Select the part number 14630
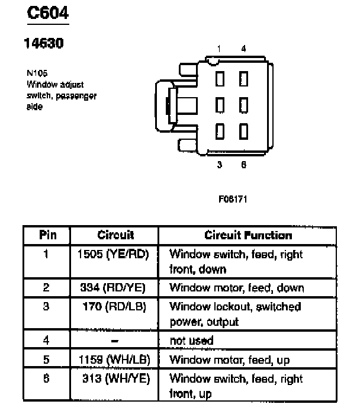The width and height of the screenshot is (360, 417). pyautogui.click(x=43, y=43)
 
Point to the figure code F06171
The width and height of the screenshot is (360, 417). pyautogui.click(x=233, y=199)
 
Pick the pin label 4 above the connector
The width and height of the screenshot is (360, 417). pyautogui.click(x=243, y=49)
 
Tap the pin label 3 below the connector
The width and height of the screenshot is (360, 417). pyautogui.click(x=219, y=165)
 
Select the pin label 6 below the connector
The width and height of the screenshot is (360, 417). pyautogui.click(x=243, y=165)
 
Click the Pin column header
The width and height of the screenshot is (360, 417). pyautogui.click(x=47, y=235)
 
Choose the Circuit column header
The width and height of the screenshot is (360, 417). pyautogui.click(x=115, y=235)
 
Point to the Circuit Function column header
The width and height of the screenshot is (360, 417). pyautogui.click(x=248, y=235)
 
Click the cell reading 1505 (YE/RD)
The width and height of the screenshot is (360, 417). pyautogui.click(x=114, y=254)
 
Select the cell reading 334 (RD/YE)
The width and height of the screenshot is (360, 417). pyautogui.click(x=112, y=288)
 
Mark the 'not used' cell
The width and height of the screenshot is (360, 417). pyautogui.click(x=191, y=341)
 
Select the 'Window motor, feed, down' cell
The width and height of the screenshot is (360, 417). pyautogui.click(x=237, y=288)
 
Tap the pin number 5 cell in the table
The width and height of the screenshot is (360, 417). pyautogui.click(x=47, y=360)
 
